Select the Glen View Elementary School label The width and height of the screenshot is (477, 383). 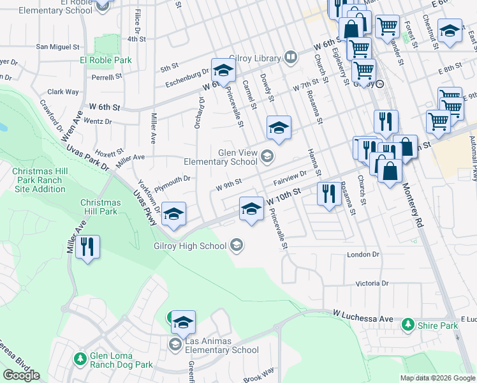pyautogui.click(x=221, y=156)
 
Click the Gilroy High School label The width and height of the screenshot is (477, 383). pyautogui.click(x=189, y=246)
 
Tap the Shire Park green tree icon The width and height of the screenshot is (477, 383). pyautogui.click(x=407, y=326)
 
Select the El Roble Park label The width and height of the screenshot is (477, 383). pyautogui.click(x=106, y=60)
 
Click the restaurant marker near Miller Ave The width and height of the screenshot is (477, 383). pyautogui.click(x=87, y=246)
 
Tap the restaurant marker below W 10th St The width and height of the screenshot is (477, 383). pyautogui.click(x=328, y=193)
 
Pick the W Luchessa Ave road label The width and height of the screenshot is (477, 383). pyautogui.click(x=363, y=317)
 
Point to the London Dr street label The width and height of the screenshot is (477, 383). pyautogui.click(x=363, y=254)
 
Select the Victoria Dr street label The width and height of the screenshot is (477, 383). pyautogui.click(x=371, y=283)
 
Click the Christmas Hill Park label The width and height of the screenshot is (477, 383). pyautogui.click(x=99, y=207)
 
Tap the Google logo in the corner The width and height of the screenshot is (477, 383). pyautogui.click(x=21, y=375)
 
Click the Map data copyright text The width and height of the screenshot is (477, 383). pyautogui.click(x=437, y=378)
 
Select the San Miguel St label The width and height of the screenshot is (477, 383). pyautogui.click(x=57, y=47)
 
